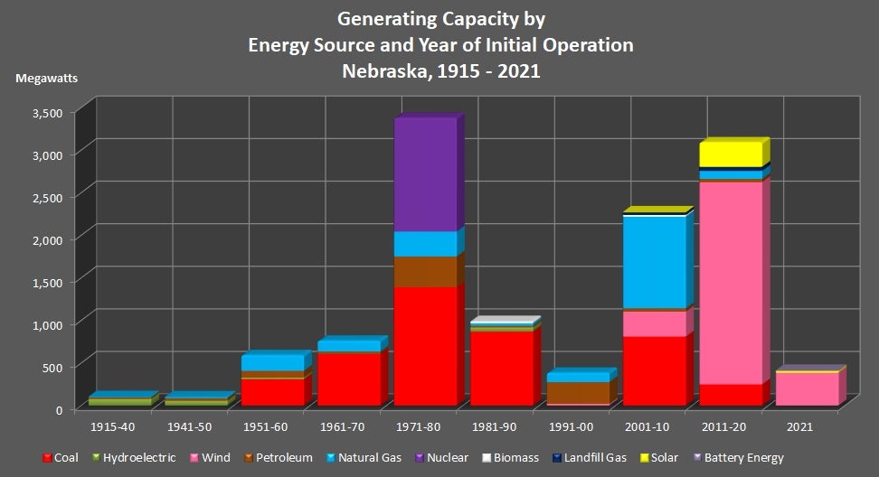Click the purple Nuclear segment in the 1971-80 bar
425,173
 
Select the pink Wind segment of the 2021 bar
807,388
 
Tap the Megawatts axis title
46,77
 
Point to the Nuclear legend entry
440,458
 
